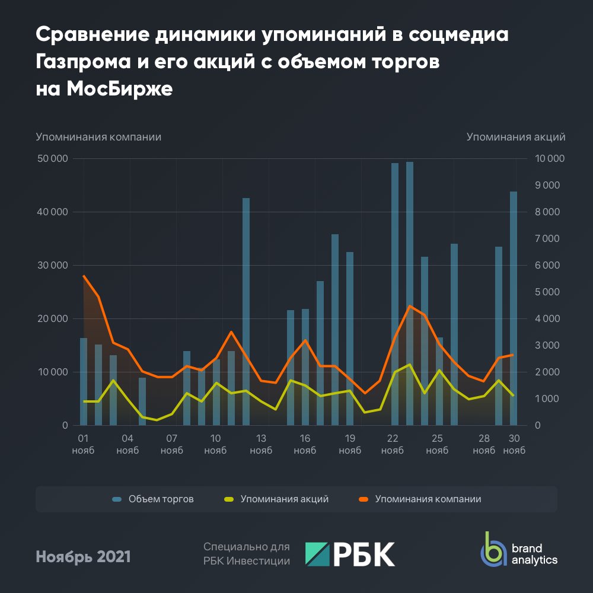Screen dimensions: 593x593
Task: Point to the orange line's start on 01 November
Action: click(84, 276)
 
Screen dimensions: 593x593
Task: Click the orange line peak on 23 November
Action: click(410, 306)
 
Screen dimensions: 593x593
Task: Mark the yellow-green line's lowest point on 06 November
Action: click(157, 420)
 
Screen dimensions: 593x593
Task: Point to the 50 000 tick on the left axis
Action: click(52, 159)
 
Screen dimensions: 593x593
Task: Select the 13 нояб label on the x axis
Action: click(261, 444)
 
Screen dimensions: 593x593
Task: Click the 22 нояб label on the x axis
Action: click(393, 444)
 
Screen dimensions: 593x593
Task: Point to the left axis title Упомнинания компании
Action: click(98, 137)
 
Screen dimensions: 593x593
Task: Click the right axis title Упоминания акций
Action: click(515, 137)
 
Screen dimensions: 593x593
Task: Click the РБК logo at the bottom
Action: click(350, 554)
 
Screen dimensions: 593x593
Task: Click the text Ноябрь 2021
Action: click(84, 557)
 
